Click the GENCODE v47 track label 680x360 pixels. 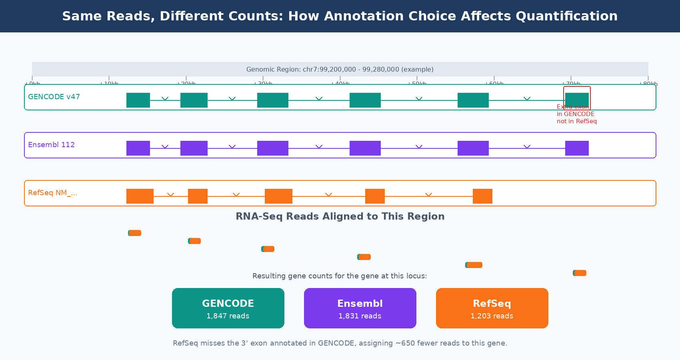(x=54, y=97)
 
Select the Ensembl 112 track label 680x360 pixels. (x=51, y=145)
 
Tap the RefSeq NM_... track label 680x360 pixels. (x=52, y=193)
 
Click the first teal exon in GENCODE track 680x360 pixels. (x=138, y=100)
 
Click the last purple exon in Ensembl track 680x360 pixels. (x=577, y=148)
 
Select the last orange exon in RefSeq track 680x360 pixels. (x=482, y=196)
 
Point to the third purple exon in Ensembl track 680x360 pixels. (x=272, y=148)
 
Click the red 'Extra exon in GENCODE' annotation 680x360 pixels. (x=576, y=114)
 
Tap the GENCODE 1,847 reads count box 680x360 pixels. (x=228, y=308)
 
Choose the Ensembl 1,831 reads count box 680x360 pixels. (x=360, y=308)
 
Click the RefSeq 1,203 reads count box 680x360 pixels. (x=492, y=308)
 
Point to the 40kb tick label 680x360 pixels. (x=340, y=84)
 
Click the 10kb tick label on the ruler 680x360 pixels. (x=109, y=84)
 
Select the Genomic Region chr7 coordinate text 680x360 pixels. (x=340, y=69)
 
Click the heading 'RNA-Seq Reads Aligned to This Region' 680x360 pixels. (x=340, y=216)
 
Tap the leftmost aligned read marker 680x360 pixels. (x=135, y=233)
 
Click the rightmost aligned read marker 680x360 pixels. (x=580, y=273)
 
